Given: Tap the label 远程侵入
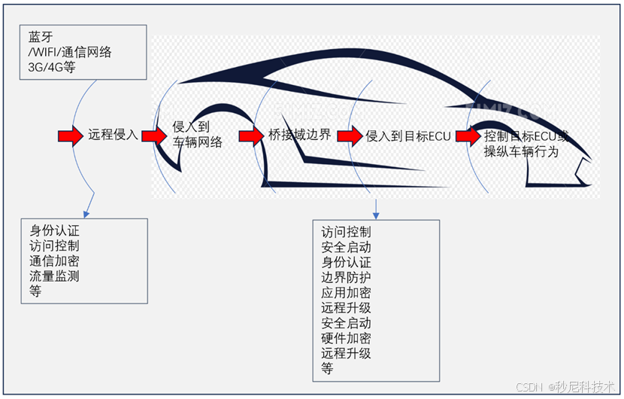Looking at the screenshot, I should (114, 136).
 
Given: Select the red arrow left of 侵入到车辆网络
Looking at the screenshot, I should (153, 136).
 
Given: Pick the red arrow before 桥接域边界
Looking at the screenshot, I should (252, 136).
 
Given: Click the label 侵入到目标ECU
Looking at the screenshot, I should (407, 136).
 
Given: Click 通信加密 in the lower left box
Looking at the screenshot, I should (54, 260).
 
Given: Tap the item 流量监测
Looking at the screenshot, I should (54, 276).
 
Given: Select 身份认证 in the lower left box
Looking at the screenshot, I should (54, 230).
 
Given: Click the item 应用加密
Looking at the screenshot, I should (346, 293).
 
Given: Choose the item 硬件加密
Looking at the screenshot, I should (346, 338).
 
